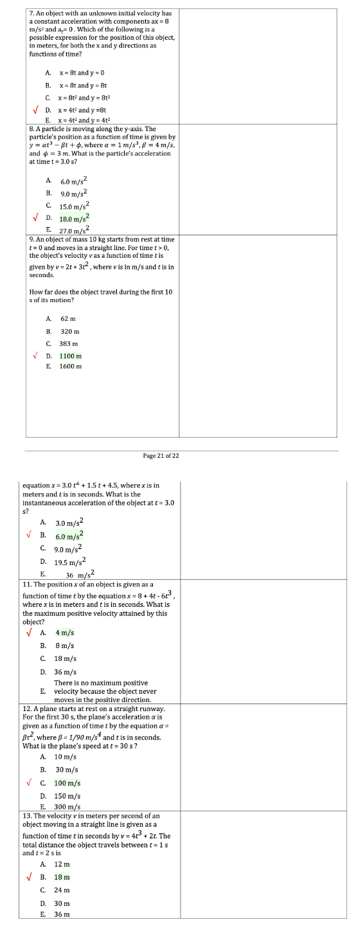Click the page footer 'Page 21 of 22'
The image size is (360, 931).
pyautogui.click(x=161, y=455)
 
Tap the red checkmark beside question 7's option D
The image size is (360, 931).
pyautogui.click(x=36, y=110)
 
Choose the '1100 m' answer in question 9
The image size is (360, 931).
pyautogui.click(x=71, y=356)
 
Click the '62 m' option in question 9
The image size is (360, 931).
pyautogui.click(x=68, y=319)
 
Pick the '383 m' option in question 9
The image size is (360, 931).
pyautogui.click(x=69, y=343)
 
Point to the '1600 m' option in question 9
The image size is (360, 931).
pyautogui.click(x=71, y=366)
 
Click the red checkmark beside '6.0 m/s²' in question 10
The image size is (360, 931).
pyautogui.click(x=29, y=535)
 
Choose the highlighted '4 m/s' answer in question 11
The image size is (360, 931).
pyautogui.click(x=64, y=633)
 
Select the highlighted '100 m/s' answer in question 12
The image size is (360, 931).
pyautogui.click(x=67, y=783)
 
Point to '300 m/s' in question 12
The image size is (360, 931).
pyautogui.click(x=67, y=807)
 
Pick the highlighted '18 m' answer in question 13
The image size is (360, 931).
pyautogui.click(x=62, y=877)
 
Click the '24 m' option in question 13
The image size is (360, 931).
pyautogui.click(x=62, y=890)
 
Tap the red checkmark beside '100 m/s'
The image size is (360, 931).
pyautogui.click(x=29, y=783)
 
